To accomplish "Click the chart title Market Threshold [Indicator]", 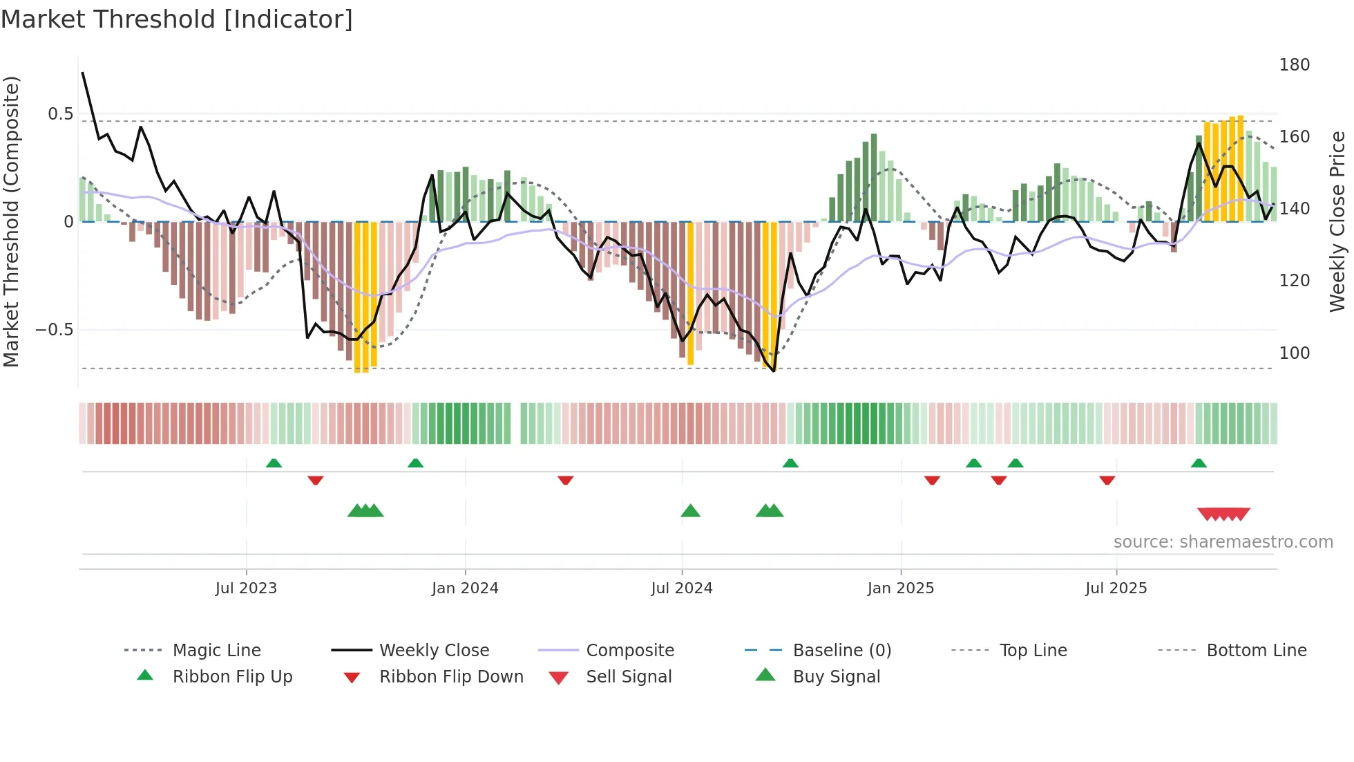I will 177,19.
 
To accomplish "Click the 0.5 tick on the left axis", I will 60,114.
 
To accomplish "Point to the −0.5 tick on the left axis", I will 55,330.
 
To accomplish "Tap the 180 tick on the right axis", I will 1294,65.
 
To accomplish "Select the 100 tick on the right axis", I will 1294,353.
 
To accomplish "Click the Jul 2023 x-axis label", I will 246,588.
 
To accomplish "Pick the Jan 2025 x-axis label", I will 900,588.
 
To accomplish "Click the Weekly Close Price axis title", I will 1337,221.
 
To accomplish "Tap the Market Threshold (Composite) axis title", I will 11,221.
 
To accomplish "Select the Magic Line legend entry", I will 216,651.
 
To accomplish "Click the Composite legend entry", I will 629,651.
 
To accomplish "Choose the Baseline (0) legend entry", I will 841,651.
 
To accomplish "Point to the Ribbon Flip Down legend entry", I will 450,677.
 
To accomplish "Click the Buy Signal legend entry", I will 836,677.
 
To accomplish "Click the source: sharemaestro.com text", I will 1223,542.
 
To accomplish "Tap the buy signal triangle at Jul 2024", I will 690,512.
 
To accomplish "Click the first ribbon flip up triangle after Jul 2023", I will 274,463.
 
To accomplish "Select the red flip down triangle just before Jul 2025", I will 1107,480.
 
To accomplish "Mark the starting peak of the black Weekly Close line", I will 83,73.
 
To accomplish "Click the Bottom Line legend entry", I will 1256,651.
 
